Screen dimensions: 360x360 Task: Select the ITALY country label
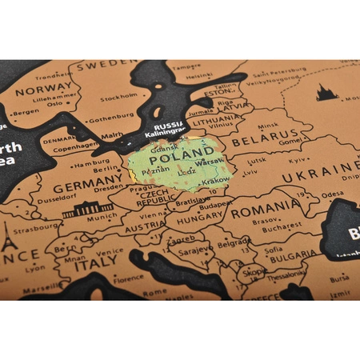(x=96, y=264)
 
